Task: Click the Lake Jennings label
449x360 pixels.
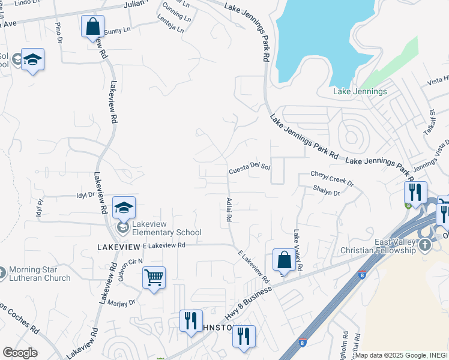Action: (x=360, y=92)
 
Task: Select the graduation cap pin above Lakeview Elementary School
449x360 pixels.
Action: (x=124, y=208)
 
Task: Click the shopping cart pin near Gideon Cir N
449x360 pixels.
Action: (x=154, y=278)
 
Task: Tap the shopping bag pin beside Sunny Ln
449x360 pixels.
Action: (x=92, y=27)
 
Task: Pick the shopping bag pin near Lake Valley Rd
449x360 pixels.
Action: (x=284, y=260)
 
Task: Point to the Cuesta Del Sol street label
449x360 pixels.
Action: (x=250, y=170)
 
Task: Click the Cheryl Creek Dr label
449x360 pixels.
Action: (x=332, y=175)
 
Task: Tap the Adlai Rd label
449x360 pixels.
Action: (x=228, y=210)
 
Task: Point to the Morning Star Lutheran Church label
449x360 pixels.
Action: (x=40, y=273)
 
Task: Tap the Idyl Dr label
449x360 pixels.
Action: (x=86, y=195)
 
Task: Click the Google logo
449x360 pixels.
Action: (x=20, y=353)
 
